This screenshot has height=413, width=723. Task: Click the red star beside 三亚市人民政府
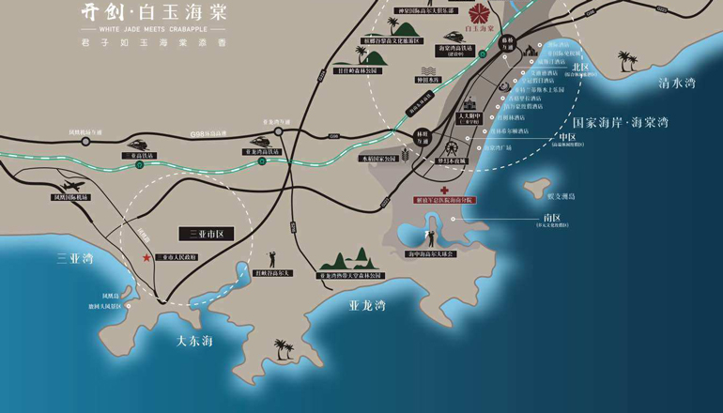tap(146, 257)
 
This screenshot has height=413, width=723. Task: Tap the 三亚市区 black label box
tap(206, 234)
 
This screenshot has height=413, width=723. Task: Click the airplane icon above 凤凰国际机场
tap(69, 186)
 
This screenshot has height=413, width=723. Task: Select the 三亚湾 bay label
tap(75, 258)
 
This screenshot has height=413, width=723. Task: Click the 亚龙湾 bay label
tap(367, 305)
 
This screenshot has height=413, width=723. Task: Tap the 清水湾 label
tap(676, 84)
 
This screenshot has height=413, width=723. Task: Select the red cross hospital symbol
tap(444, 191)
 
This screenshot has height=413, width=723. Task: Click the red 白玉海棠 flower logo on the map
tap(480, 14)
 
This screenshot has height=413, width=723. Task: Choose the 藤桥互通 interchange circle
tap(507, 42)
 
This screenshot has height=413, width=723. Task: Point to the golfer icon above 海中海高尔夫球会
tap(431, 238)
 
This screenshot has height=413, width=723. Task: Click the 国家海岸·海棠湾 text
tap(621, 123)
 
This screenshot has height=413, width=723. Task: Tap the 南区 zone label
tap(551, 218)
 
